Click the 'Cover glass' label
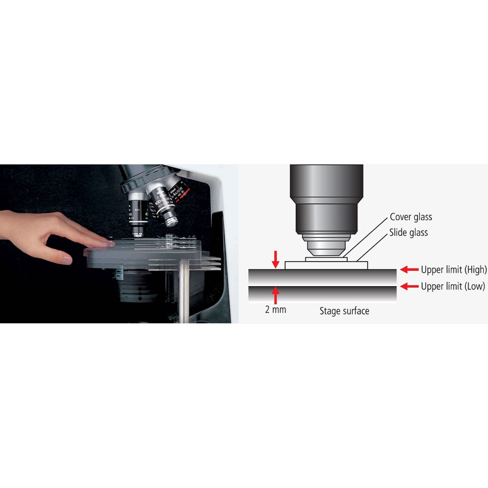411,217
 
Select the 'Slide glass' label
408,232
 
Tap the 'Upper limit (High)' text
454,270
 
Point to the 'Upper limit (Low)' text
453,286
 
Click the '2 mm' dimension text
276,309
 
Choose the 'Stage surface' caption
344,311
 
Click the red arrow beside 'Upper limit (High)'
409,269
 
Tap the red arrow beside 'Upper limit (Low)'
409,286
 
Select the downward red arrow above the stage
276,260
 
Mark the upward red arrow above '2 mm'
276,295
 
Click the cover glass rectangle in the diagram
326,259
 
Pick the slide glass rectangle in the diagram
326,265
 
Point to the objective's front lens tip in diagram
326,252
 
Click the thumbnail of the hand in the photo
66,260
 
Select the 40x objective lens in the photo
138,215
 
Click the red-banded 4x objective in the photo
178,190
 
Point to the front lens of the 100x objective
171,221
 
